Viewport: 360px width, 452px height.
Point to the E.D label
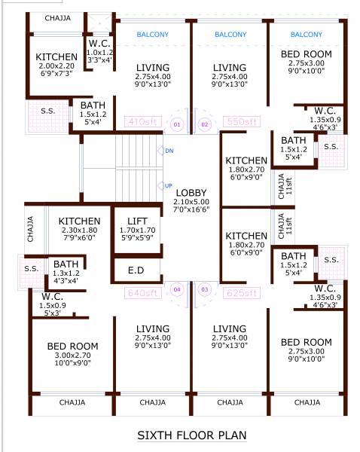pyautogui.click(x=137, y=270)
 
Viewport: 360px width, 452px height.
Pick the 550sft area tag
pyautogui.click(x=240, y=121)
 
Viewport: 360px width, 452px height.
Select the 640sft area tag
pyautogui.click(x=144, y=292)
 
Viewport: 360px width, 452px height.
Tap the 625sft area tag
pyautogui.click(x=240, y=292)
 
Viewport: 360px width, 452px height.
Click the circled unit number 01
pyautogui.click(x=177, y=123)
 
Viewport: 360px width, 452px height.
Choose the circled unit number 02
pyautogui.click(x=204, y=123)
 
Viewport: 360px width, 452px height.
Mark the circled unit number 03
pyautogui.click(x=203, y=289)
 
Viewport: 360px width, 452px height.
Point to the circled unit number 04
pyautogui.click(x=178, y=289)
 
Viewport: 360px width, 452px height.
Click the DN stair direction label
pyautogui.click(x=169, y=151)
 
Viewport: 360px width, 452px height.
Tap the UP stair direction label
pyautogui.click(x=169, y=185)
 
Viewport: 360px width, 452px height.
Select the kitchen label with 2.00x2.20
pyautogui.click(x=56, y=57)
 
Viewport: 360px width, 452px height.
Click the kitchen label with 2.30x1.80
pyautogui.click(x=79, y=221)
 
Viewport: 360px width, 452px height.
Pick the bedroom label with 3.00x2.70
pyautogui.click(x=72, y=347)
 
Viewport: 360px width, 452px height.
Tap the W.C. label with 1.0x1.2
pyautogui.click(x=99, y=44)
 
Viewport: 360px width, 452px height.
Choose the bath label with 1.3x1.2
pyautogui.click(x=66, y=264)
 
